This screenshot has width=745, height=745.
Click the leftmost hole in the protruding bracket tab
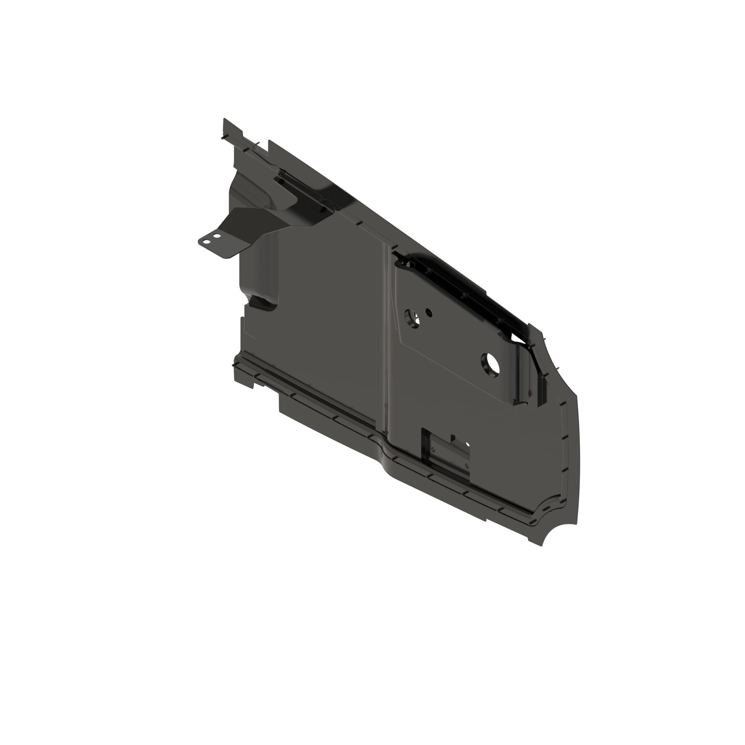(x=207, y=242)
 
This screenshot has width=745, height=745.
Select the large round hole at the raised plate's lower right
(x=490, y=364)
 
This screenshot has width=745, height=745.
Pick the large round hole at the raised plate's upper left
(x=411, y=318)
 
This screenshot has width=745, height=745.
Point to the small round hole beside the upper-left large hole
(x=428, y=313)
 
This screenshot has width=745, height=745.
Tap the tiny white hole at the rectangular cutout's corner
(x=468, y=444)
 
